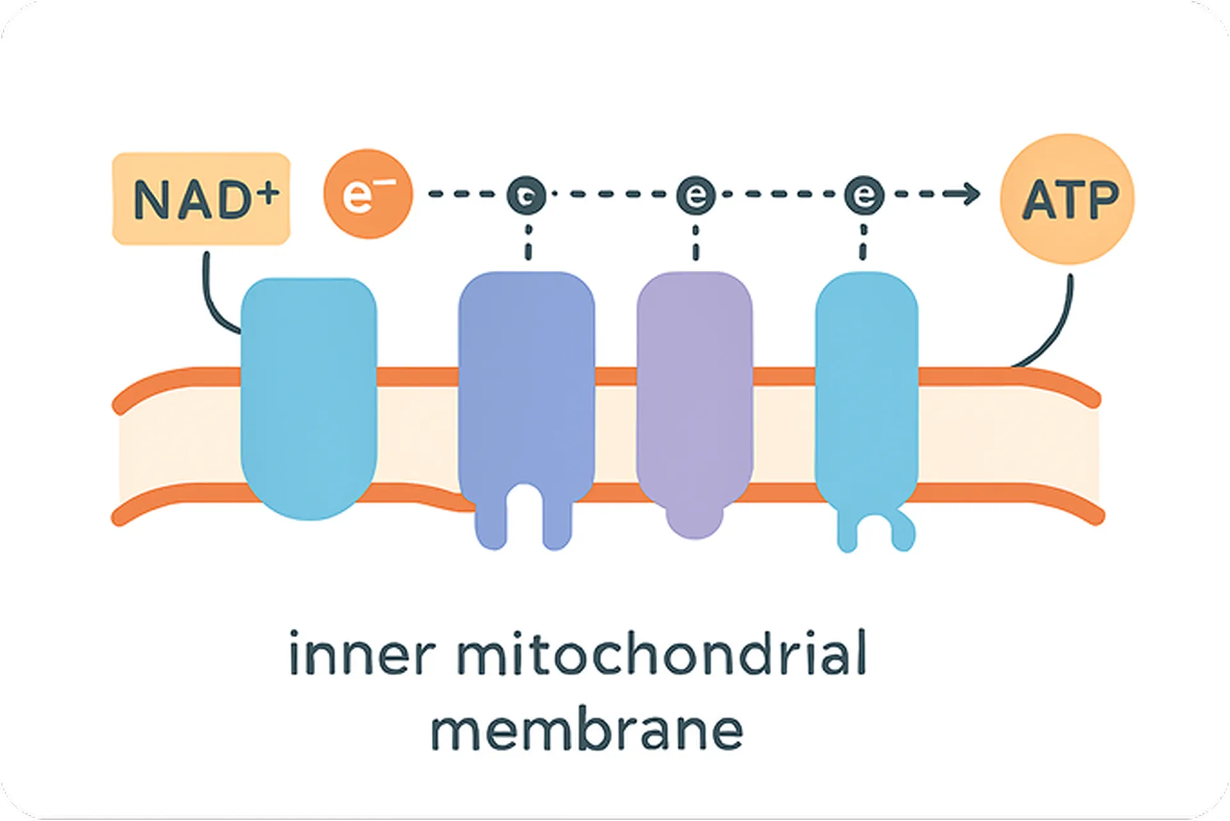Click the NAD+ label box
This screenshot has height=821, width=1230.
201,199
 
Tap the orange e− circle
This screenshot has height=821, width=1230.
367,194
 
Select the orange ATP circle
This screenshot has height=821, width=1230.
1067,199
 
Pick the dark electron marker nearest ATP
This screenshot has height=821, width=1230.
864,194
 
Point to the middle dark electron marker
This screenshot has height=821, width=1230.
696,194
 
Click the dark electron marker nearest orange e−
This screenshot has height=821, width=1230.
527,195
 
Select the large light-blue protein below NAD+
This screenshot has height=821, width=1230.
309,397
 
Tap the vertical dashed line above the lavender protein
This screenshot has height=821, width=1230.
696,243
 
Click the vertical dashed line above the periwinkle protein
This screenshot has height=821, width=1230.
527,243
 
